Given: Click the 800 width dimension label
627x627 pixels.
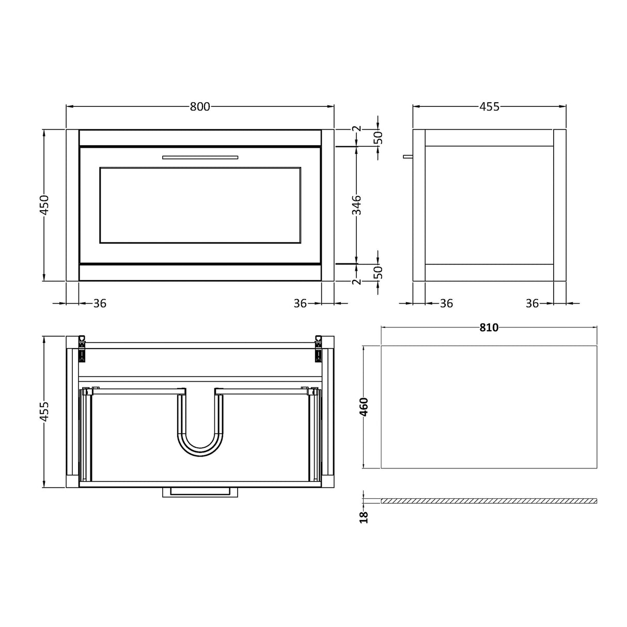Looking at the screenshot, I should pyautogui.click(x=200, y=107).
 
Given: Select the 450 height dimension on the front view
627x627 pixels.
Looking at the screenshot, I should pyautogui.click(x=45, y=205).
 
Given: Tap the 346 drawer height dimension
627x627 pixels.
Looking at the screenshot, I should pyautogui.click(x=357, y=205).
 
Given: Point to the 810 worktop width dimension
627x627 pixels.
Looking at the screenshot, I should pyautogui.click(x=489, y=327).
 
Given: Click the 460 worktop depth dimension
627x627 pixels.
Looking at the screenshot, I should pyautogui.click(x=364, y=407).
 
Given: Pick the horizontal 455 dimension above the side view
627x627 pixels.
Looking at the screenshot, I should pyautogui.click(x=489, y=107).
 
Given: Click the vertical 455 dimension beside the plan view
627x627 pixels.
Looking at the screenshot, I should pyautogui.click(x=45, y=412).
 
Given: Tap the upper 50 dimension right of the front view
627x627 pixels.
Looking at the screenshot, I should pyautogui.click(x=378, y=138).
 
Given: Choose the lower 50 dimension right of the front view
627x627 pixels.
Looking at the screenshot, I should pyautogui.click(x=378, y=272).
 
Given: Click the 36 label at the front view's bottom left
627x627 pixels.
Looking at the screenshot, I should pyautogui.click(x=100, y=304).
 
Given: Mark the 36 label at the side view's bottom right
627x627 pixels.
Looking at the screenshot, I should pyautogui.click(x=532, y=304).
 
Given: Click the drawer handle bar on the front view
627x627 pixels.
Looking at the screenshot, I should pyautogui.click(x=200, y=157).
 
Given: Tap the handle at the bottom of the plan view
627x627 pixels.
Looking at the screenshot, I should pyautogui.click(x=200, y=492).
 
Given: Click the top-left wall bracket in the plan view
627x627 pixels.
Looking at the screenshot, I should pyautogui.click(x=82, y=348).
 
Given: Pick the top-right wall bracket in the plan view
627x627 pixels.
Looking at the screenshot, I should pyautogui.click(x=318, y=348).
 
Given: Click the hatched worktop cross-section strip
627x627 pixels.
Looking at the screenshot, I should pyautogui.click(x=489, y=501).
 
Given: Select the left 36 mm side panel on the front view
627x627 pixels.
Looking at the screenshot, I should pyautogui.click(x=72, y=205).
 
